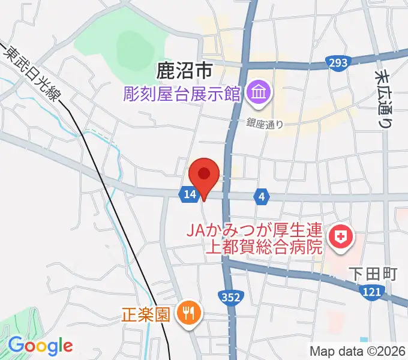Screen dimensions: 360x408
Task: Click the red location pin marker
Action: click(204, 176)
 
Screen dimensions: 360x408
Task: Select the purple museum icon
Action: click(260, 93)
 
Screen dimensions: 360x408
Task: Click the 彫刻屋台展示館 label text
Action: click(182, 94)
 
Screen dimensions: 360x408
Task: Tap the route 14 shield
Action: click(189, 194)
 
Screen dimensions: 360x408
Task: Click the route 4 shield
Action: click(261, 196)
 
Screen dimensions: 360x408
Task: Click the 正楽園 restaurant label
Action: click(146, 313)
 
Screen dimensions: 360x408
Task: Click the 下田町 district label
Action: click(373, 274)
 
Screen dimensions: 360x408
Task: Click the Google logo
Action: click(40, 346)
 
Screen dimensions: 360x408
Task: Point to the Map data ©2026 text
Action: click(358, 350)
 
